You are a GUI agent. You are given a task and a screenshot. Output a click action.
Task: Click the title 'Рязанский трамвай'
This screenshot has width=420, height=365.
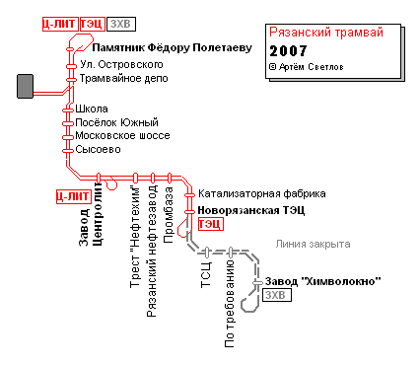(326, 33)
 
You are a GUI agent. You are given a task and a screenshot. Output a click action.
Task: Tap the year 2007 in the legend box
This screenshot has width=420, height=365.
(288, 51)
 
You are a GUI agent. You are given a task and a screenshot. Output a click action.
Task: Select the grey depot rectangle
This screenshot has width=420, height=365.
(25, 86)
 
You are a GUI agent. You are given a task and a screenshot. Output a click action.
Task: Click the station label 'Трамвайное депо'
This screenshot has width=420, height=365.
(123, 79)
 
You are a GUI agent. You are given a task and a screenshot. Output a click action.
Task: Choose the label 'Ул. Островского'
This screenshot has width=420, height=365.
(121, 64)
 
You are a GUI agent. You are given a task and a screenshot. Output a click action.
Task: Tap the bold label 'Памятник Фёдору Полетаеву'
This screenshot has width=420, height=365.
(172, 48)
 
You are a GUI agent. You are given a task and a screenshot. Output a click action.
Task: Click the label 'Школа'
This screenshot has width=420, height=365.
(92, 109)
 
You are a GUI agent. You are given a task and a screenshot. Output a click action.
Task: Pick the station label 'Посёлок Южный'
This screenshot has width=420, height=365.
(116, 122)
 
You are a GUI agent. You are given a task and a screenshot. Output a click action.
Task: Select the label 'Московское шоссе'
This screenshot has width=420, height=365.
(122, 136)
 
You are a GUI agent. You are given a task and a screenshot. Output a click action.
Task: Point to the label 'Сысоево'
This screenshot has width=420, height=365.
(98, 150)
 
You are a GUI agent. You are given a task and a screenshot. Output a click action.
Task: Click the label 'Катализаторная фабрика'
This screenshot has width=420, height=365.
(262, 193)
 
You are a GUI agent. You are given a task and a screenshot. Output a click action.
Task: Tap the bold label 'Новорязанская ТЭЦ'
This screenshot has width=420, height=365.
(251, 210)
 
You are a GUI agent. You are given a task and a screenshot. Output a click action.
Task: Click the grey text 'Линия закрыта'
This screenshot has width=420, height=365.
(313, 244)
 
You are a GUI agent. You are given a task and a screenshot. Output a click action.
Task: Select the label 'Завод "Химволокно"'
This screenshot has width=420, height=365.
(323, 281)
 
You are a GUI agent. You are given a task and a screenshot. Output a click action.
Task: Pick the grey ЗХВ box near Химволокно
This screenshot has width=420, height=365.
(277, 295)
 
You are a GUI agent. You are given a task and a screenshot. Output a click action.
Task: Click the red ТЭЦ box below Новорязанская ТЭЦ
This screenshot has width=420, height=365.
(211, 224)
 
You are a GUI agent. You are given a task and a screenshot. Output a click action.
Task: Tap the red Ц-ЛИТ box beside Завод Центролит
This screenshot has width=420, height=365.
(73, 196)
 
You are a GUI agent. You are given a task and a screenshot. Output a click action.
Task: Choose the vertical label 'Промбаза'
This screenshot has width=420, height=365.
(169, 215)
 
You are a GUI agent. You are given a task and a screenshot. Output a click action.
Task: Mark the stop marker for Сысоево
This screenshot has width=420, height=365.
(68, 151)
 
